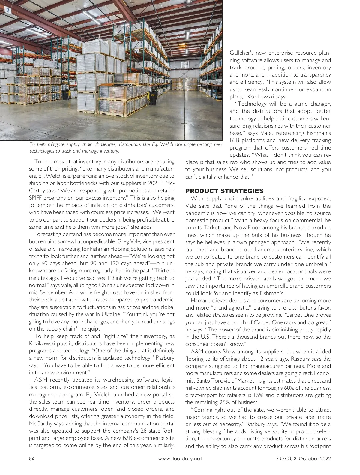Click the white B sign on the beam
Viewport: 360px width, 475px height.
coord(8,11)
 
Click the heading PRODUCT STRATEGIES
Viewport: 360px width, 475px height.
coord(224,191)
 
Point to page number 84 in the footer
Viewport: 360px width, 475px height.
coord(32,458)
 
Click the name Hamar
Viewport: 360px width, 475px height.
coord(198,301)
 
